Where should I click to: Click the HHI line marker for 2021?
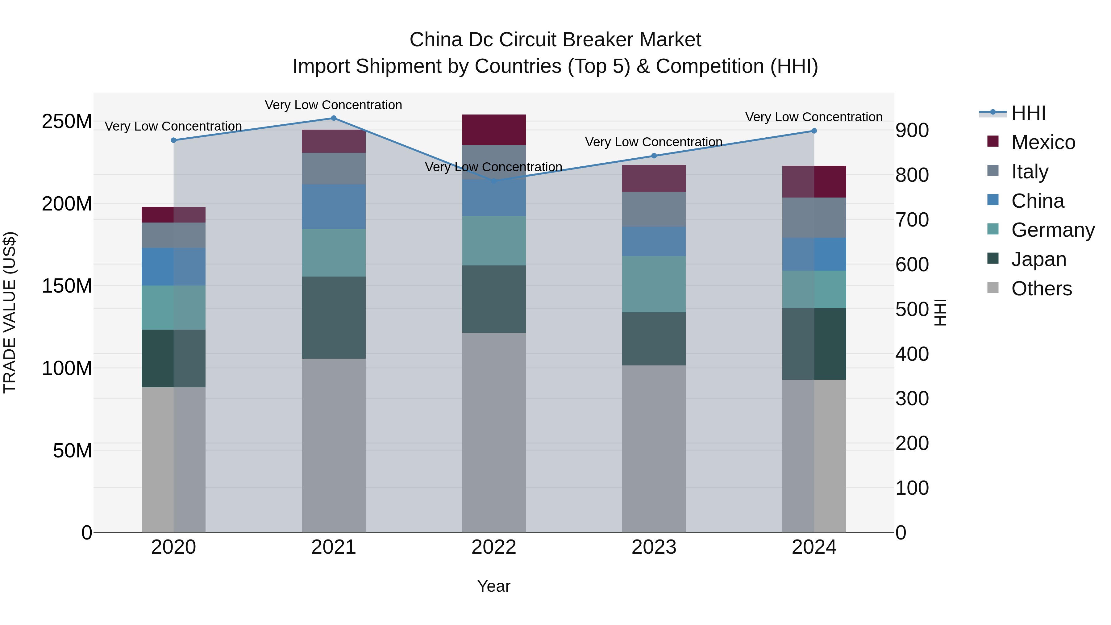tap(333, 118)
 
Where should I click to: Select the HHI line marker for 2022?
tap(494, 181)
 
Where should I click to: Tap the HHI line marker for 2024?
tap(814, 131)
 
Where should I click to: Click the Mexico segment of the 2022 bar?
tap(494, 129)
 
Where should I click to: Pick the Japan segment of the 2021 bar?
tap(333, 318)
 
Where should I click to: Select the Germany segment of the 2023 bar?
tap(654, 284)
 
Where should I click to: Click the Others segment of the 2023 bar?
tap(654, 448)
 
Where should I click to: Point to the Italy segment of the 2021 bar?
tap(333, 169)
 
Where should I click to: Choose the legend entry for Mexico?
tap(1043, 142)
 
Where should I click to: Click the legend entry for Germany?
tap(1052, 230)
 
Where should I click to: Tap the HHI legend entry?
tap(1028, 113)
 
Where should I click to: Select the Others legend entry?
tap(1041, 289)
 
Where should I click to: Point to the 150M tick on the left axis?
tap(67, 286)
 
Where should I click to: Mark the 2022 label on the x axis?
tap(494, 547)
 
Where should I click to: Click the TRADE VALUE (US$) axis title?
tap(10, 312)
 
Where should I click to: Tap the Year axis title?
tap(494, 586)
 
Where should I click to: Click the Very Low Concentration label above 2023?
tap(653, 142)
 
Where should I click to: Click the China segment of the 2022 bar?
tap(494, 198)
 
